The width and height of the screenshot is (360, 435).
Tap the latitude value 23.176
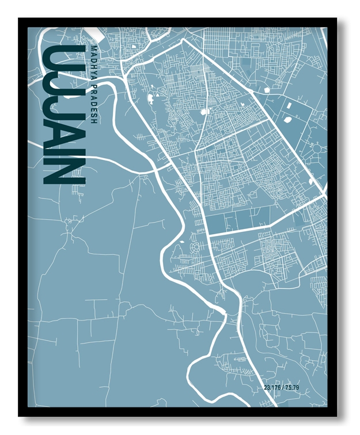click(x=272, y=387)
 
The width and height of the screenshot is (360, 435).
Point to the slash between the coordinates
click(x=283, y=387)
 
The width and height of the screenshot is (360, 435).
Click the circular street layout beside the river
click(x=194, y=248)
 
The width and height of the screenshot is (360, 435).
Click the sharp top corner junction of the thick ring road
click(x=183, y=40)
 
